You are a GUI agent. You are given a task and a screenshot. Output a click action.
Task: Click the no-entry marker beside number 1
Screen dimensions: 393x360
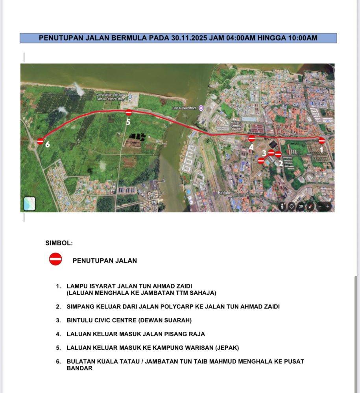[x=321, y=141]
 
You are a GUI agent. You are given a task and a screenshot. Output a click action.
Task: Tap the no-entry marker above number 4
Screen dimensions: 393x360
[x=252, y=138]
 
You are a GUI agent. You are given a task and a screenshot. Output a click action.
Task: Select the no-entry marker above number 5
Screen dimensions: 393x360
[x=128, y=113]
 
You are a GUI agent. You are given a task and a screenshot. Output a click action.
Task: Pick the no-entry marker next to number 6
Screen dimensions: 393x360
[x=40, y=141]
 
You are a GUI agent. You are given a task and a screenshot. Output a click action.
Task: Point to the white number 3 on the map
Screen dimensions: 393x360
[x=264, y=152]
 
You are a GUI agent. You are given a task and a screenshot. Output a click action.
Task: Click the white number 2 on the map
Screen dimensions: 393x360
[x=281, y=163]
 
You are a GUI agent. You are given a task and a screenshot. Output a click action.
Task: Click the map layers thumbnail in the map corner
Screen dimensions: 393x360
[x=30, y=204]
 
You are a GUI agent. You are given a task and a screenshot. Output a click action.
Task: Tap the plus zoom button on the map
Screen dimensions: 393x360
[x=328, y=206]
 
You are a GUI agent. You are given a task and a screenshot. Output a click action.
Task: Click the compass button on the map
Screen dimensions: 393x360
[x=310, y=206]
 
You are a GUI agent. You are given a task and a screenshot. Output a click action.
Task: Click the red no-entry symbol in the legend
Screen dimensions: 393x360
[x=55, y=259]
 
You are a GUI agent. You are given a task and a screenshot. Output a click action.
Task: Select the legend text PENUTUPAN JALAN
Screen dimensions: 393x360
[x=105, y=261]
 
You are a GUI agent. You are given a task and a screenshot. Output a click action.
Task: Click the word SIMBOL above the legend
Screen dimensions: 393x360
[x=59, y=243]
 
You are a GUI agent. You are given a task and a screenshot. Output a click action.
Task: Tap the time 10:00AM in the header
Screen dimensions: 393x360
[x=303, y=38]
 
